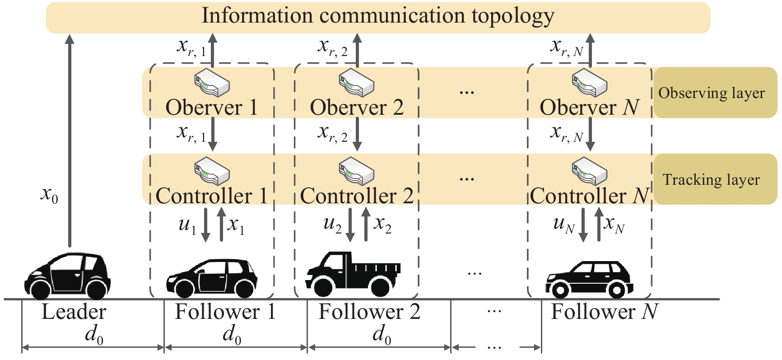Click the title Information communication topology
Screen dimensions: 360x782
pos(377,16)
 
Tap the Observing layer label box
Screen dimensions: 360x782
pos(715,93)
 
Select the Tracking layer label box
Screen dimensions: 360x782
pos(715,179)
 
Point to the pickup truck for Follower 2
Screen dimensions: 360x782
pos(353,274)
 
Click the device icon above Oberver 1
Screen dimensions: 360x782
pos(212,82)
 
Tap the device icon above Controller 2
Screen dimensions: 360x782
pos(356,171)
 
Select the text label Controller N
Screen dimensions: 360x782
pos(590,196)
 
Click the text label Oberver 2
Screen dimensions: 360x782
pos(356,108)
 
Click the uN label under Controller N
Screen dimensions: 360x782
pos(563,224)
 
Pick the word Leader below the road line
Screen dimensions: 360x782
pos(74,312)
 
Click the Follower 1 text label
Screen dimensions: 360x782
pos(225,312)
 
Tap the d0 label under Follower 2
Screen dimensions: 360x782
pos(382,335)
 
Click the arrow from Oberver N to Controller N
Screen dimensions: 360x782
pos(590,134)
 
